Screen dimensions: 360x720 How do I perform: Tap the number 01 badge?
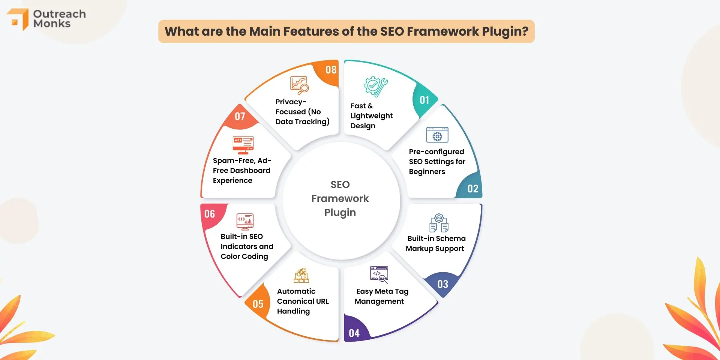(x=424, y=100)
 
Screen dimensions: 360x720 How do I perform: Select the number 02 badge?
(x=472, y=189)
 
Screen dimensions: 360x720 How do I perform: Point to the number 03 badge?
(x=442, y=284)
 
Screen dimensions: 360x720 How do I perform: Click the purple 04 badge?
(x=354, y=333)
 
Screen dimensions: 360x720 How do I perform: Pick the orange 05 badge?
(x=258, y=304)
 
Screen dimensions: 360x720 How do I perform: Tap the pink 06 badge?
(x=210, y=214)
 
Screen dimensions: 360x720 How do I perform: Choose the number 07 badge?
(x=240, y=117)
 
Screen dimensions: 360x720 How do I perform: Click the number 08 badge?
(x=331, y=70)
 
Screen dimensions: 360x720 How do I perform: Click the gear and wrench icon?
(x=375, y=87)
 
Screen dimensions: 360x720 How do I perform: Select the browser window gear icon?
(x=437, y=135)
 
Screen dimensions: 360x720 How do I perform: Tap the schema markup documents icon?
(x=439, y=223)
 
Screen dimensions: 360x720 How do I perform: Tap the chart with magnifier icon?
(x=299, y=85)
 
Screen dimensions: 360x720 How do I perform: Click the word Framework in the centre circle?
(x=340, y=198)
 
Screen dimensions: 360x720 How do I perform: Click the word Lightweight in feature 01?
(x=372, y=116)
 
